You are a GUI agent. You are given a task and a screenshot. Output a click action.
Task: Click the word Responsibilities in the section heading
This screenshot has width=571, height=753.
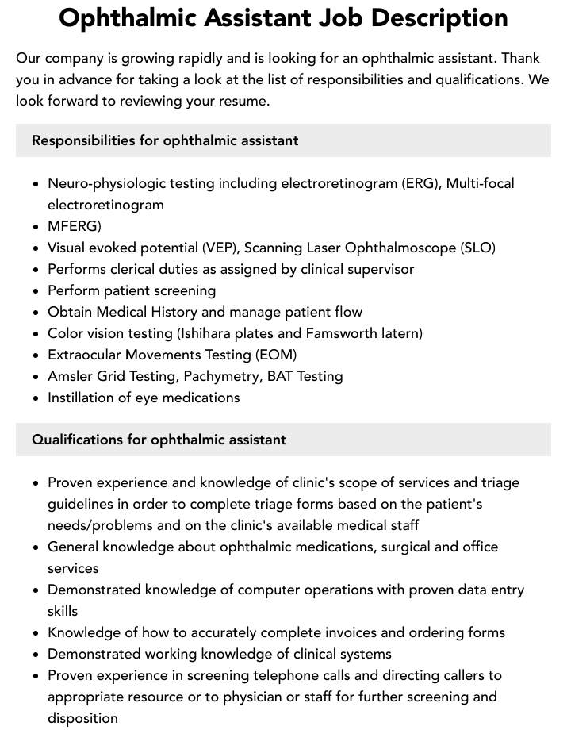tap(83, 140)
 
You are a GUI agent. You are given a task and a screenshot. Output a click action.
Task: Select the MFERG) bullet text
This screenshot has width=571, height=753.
tap(75, 226)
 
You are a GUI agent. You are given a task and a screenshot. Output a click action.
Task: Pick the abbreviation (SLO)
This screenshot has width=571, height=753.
tap(477, 248)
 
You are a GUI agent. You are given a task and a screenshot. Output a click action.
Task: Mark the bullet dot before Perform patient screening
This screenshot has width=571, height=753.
tap(36, 291)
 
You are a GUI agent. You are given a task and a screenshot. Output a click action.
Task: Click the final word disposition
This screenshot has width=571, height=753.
tap(82, 718)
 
